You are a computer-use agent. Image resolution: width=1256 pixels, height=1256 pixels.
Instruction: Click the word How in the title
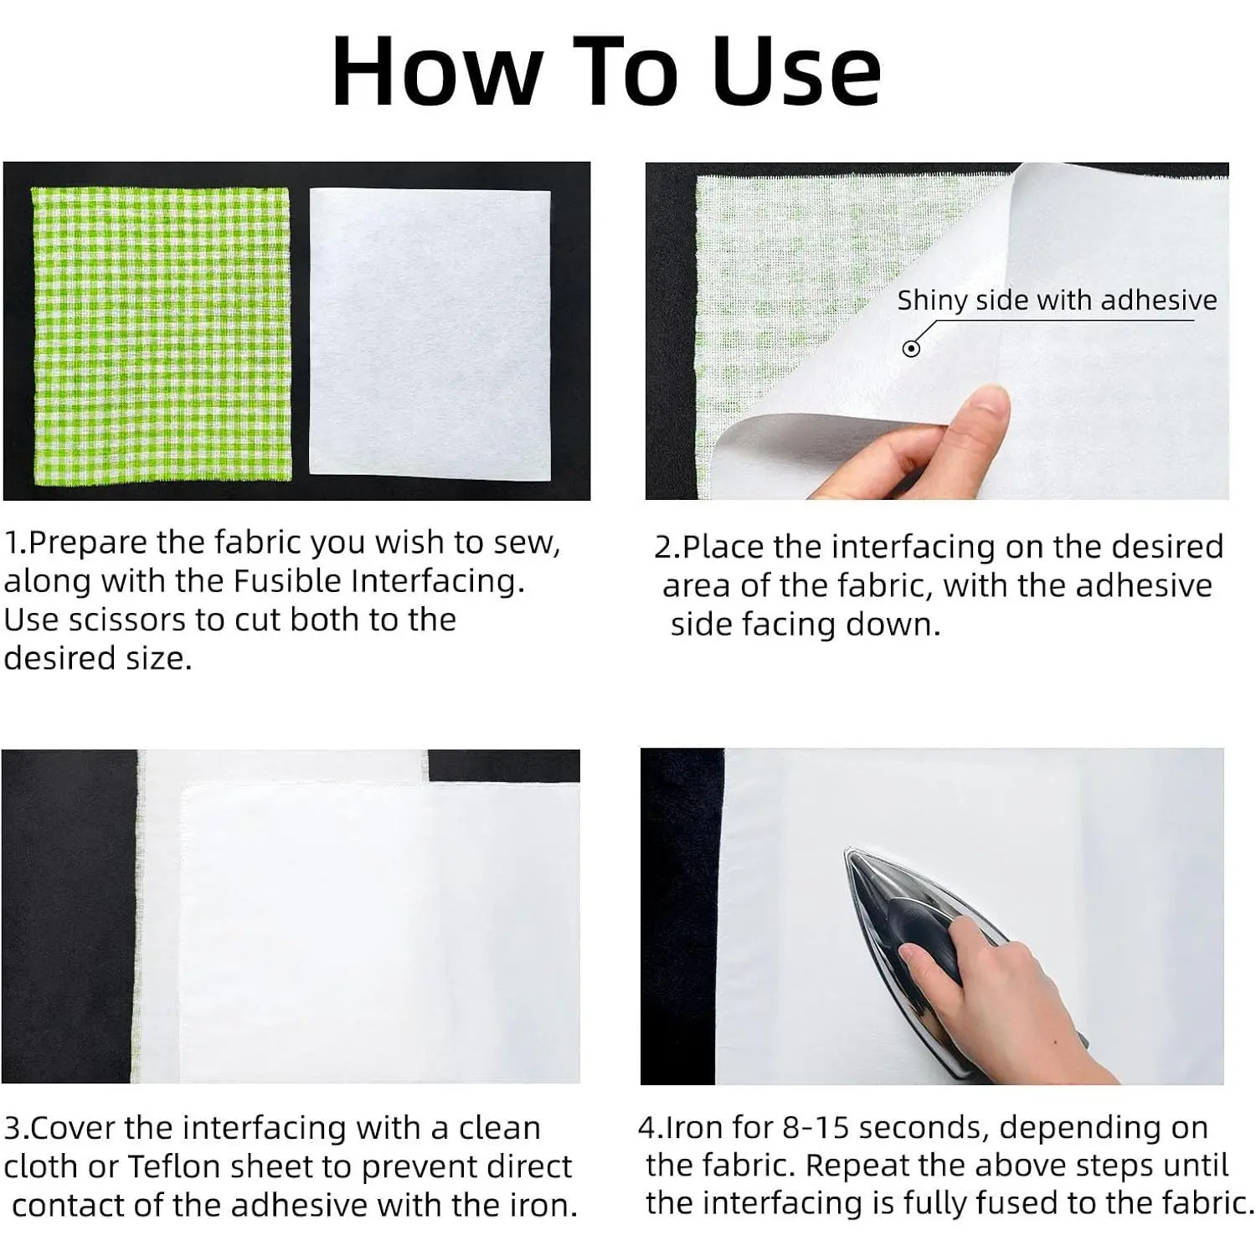tap(436, 72)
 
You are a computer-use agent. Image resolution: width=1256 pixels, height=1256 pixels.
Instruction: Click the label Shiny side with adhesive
tap(1057, 301)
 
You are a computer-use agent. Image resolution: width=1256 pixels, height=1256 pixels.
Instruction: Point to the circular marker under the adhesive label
tap(911, 348)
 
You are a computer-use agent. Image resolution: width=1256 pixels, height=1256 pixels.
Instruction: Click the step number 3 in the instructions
tap(12, 1129)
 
